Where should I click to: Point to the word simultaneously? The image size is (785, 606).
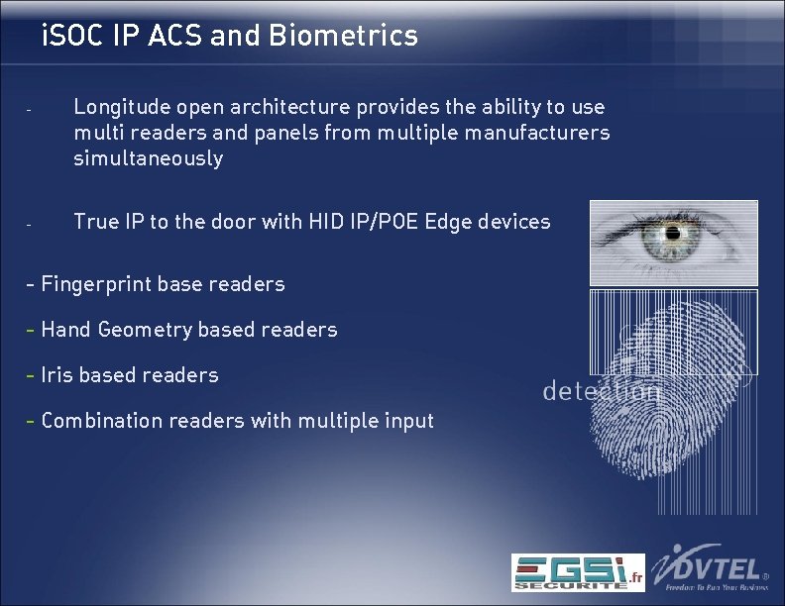click(x=148, y=158)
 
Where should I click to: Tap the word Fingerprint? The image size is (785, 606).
click(x=96, y=284)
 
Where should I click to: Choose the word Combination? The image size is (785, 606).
click(x=102, y=421)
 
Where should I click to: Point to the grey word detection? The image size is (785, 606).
click(x=601, y=392)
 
